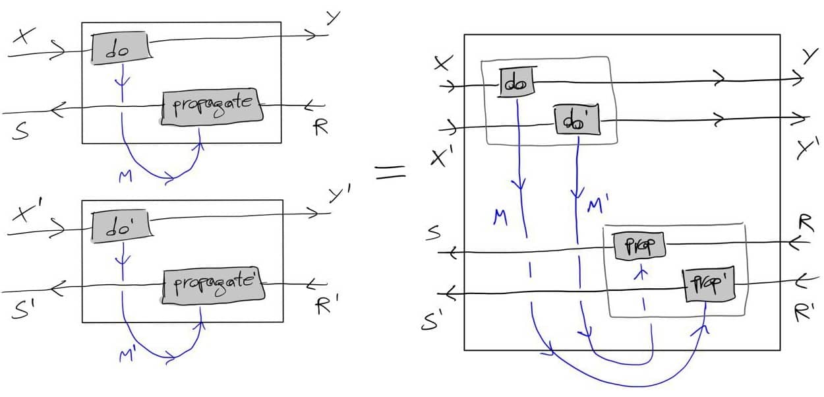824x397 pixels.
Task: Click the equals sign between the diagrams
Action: click(x=390, y=173)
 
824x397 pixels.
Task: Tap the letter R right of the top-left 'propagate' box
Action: click(x=320, y=127)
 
